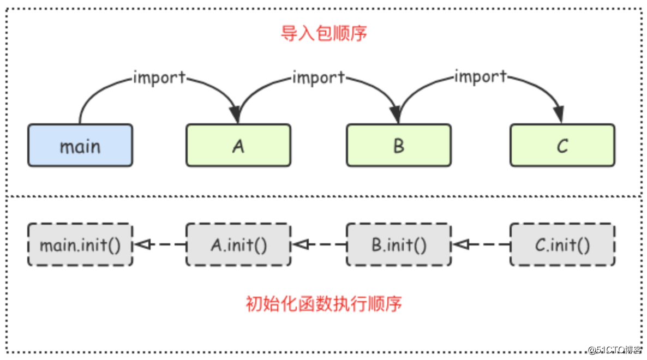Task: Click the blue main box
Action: pyautogui.click(x=80, y=145)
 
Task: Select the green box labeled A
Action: pyautogui.click(x=238, y=145)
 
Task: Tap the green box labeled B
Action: pyautogui.click(x=399, y=145)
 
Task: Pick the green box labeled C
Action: pyautogui.click(x=562, y=145)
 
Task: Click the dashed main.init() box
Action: pyautogui.click(x=80, y=244)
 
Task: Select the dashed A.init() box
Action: pyautogui.click(x=238, y=244)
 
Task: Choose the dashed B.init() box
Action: pyautogui.click(x=399, y=244)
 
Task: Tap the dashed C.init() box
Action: pyautogui.click(x=562, y=244)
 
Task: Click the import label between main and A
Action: pyautogui.click(x=159, y=77)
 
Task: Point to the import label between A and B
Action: pyautogui.click(x=319, y=77)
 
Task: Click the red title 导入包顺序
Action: pyautogui.click(x=324, y=33)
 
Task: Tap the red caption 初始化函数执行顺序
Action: pyautogui.click(x=324, y=303)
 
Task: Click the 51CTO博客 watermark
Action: pyautogui.click(x=614, y=350)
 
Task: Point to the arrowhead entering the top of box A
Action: pyautogui.click(x=235, y=115)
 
